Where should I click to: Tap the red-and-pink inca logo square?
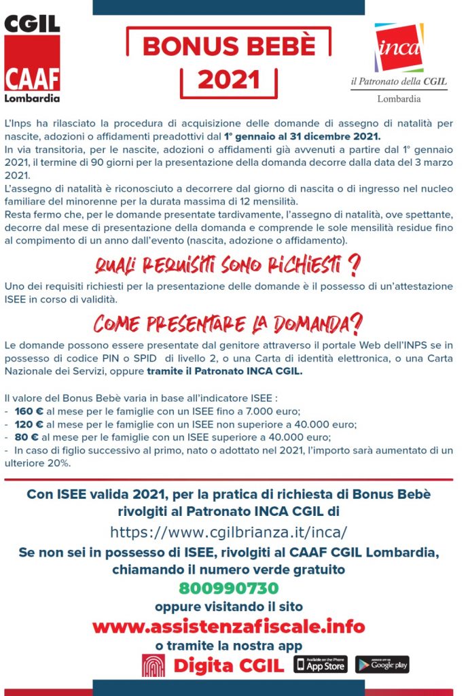[399, 47]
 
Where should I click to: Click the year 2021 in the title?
[229, 80]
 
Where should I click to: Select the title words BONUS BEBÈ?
[229, 46]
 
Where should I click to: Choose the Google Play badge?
[382, 664]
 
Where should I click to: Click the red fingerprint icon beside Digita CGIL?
[153, 665]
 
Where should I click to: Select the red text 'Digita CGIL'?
[228, 665]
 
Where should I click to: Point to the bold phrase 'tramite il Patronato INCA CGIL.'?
[225, 372]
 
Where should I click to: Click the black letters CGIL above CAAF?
[32, 24]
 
